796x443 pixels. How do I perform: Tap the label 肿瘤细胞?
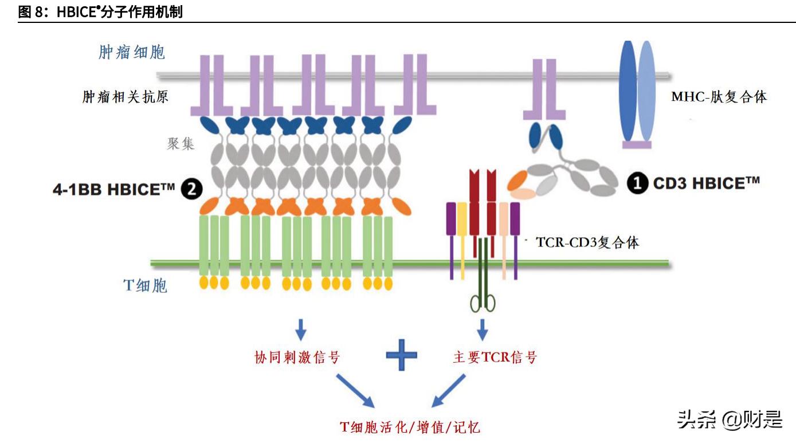pyautogui.click(x=132, y=53)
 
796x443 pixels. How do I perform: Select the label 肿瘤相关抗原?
pyautogui.click(x=126, y=97)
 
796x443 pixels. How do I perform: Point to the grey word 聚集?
pyautogui.click(x=181, y=143)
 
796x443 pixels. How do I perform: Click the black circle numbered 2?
pyautogui.click(x=191, y=189)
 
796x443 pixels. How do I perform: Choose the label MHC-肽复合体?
pyautogui.click(x=719, y=97)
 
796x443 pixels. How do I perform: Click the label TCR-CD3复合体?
pyautogui.click(x=587, y=242)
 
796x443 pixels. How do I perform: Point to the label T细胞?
pyautogui.click(x=146, y=285)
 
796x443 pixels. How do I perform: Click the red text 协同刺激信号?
pyautogui.click(x=297, y=358)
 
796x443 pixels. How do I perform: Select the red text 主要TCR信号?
pyautogui.click(x=495, y=358)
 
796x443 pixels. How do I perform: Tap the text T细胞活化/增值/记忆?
pyautogui.click(x=410, y=426)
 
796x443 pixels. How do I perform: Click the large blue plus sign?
pyautogui.click(x=401, y=355)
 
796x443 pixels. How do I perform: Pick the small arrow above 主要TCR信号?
pyautogui.click(x=483, y=329)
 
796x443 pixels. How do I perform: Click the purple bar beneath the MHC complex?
pyautogui.click(x=637, y=145)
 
